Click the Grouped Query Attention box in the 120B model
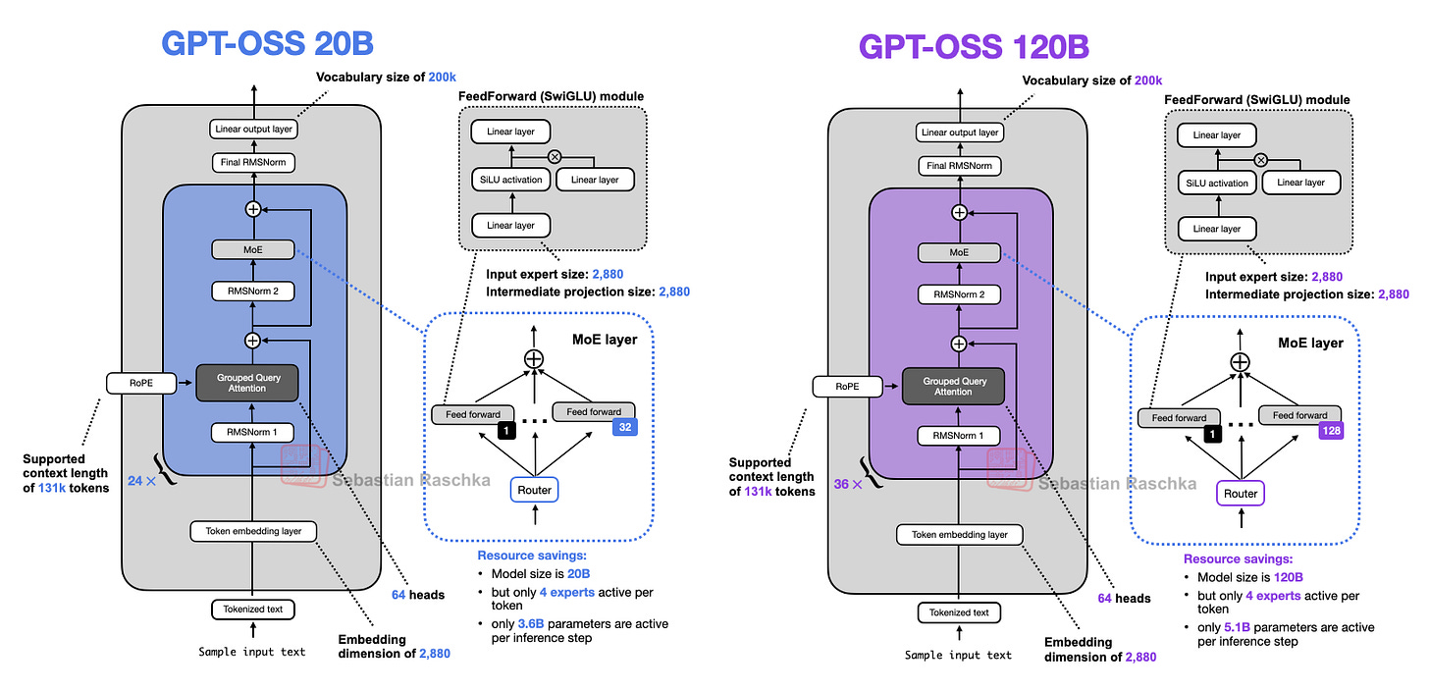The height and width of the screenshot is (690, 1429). pyautogui.click(x=953, y=386)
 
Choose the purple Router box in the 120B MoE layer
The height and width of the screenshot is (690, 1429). pyautogui.click(x=1240, y=494)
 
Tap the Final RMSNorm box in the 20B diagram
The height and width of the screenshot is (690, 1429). pyautogui.click(x=253, y=162)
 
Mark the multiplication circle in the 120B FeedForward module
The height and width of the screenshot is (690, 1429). pyautogui.click(x=1261, y=159)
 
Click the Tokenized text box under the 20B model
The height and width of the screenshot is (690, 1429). pyautogui.click(x=253, y=609)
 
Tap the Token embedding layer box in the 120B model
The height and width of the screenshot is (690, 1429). pyautogui.click(x=959, y=535)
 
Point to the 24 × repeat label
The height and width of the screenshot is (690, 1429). pyautogui.click(x=141, y=481)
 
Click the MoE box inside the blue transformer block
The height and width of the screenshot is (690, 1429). pyautogui.click(x=253, y=250)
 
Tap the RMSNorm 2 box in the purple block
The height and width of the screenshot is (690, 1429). pyautogui.click(x=960, y=293)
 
